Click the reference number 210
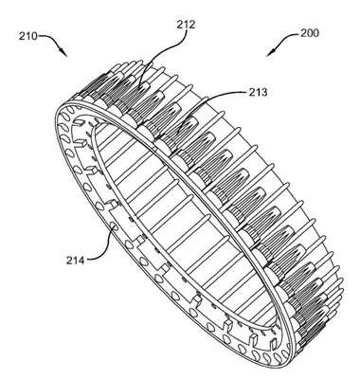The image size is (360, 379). point(27,36)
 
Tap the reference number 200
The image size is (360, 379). point(310,33)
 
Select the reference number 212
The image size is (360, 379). point(186,25)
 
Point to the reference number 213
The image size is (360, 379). point(258,92)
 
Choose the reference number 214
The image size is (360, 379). point(75,261)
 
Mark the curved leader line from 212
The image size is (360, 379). point(162,54)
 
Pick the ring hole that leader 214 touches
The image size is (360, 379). point(114,226)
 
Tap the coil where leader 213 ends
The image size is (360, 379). point(175,135)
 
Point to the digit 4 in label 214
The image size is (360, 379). point(81,261)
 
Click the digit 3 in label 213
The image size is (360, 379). point(264,92)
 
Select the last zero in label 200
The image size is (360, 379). point(315,33)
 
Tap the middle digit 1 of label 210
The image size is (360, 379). point(27,36)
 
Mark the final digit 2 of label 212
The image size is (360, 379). point(192,25)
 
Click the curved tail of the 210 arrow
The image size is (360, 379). point(50,40)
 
